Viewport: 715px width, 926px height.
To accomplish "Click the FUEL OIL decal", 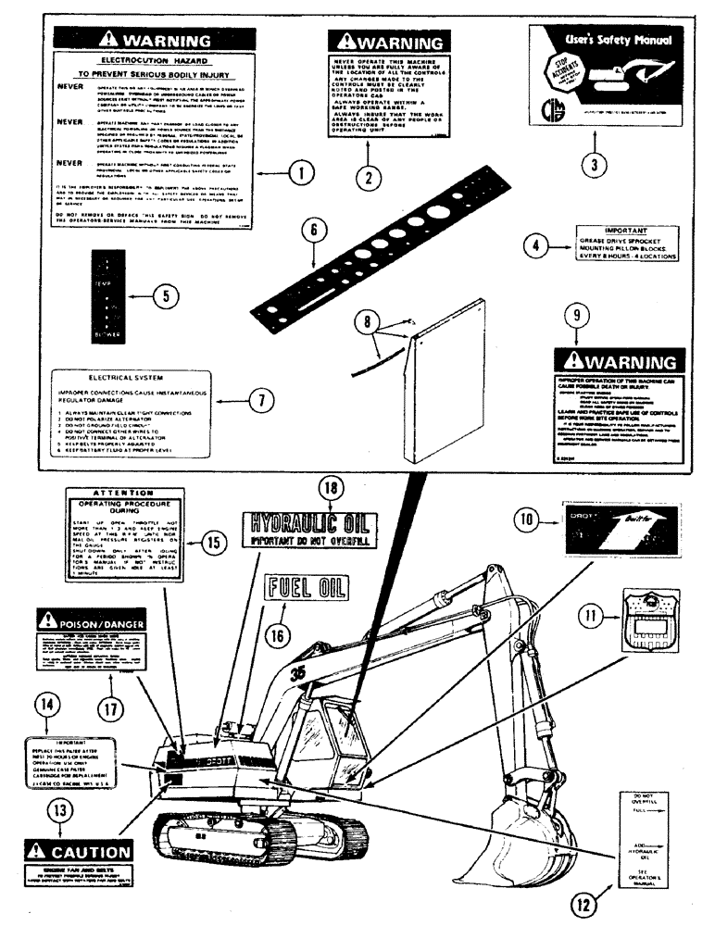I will [x=306, y=586].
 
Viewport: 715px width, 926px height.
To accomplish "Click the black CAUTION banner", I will [x=79, y=851].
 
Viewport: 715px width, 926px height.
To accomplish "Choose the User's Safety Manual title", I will [x=600, y=42].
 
